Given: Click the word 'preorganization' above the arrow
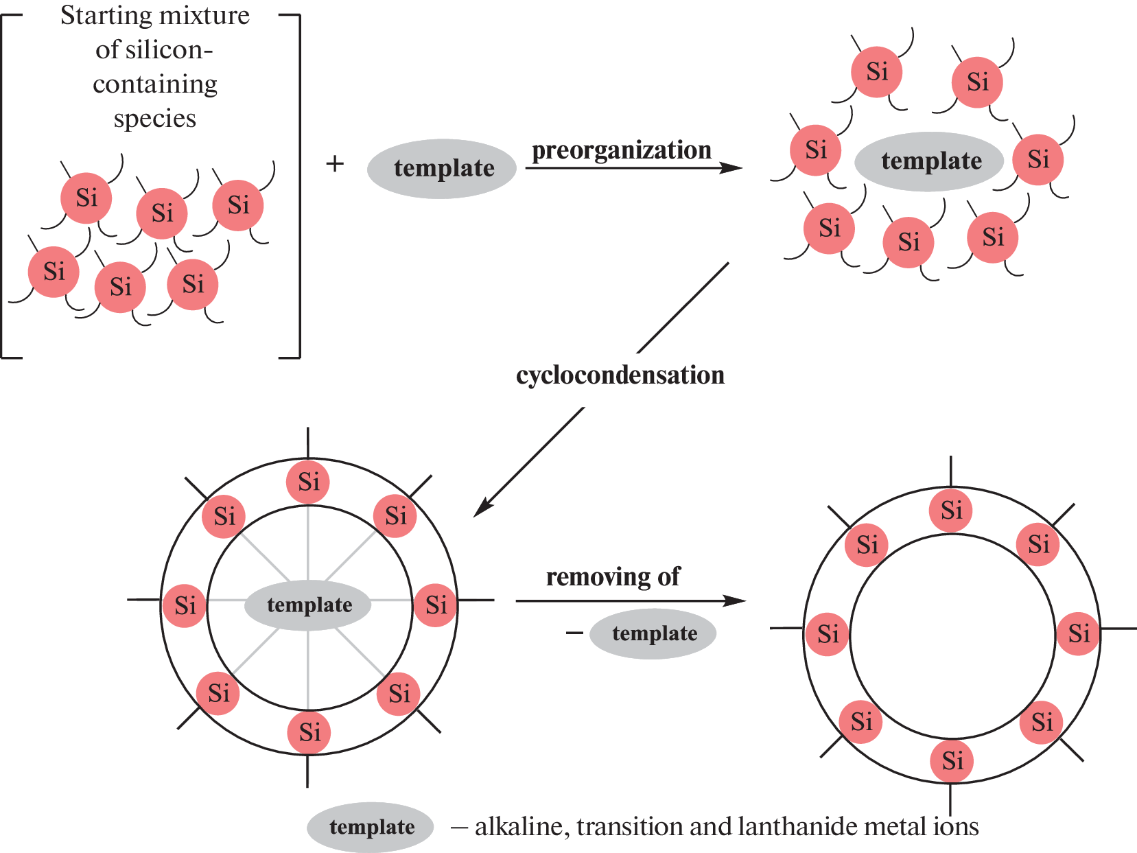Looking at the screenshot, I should tap(622, 150).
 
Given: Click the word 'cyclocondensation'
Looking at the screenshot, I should tap(620, 375).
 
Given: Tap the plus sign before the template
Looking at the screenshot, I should tap(335, 163).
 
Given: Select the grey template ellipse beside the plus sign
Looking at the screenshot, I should tap(443, 169).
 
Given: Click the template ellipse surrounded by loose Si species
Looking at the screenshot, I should tap(930, 161).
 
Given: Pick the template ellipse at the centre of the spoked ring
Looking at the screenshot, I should tap(309, 605).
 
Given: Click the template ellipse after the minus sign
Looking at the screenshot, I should tap(654, 633).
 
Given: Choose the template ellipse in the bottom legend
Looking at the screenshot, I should tap(371, 827).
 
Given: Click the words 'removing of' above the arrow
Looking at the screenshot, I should tap(613, 577).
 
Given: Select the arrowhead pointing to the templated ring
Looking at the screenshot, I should tap(482, 509).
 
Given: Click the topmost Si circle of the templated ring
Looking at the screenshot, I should tap(308, 482).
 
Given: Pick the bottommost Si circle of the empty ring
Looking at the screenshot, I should tap(952, 760).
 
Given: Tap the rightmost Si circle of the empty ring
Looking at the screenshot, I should tap(1078, 633).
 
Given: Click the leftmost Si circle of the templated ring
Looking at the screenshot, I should tap(185, 605).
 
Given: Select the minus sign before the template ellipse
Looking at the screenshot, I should tap(574, 633).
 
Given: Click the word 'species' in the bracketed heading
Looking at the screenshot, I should tap(155, 119).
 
